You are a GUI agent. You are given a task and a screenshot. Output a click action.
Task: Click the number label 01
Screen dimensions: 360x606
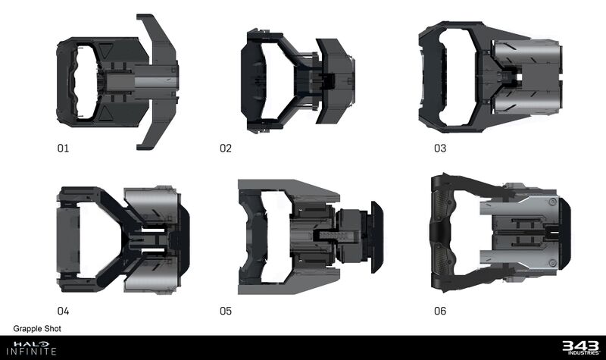[x=63, y=149]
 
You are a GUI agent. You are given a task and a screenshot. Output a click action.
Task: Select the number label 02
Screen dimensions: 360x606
[x=226, y=149]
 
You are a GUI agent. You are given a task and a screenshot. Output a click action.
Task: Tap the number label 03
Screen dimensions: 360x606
[x=440, y=149]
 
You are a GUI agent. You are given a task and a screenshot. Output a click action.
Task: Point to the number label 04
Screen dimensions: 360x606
[x=63, y=311]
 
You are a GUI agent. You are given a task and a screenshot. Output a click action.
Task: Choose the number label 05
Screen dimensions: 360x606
[x=226, y=311]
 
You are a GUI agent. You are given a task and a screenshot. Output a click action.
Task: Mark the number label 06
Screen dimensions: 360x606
[x=440, y=311]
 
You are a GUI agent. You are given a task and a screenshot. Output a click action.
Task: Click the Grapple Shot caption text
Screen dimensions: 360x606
[x=37, y=329]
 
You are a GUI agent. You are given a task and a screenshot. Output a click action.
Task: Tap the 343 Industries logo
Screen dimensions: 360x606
[x=579, y=348]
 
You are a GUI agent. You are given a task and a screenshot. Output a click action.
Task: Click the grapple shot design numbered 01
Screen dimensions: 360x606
[x=117, y=80]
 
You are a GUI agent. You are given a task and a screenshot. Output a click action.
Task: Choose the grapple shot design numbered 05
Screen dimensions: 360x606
[x=309, y=237]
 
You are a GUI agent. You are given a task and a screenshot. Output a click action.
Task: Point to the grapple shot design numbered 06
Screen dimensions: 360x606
[x=496, y=233]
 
